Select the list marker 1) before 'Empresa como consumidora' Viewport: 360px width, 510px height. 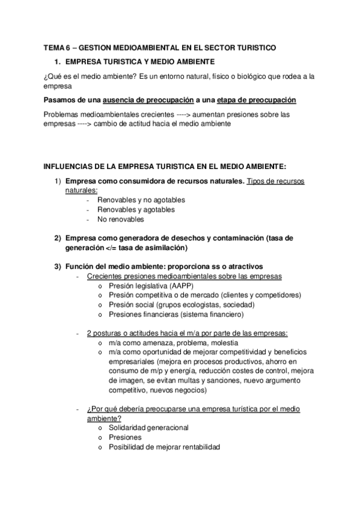pos(58,181)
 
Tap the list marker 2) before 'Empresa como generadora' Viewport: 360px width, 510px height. pos(58,238)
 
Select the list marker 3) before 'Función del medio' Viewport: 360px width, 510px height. pos(58,266)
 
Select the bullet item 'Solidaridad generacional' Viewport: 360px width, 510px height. pos(149,428)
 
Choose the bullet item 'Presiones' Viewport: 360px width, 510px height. pos(126,437)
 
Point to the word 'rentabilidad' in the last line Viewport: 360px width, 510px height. pos(195,447)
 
